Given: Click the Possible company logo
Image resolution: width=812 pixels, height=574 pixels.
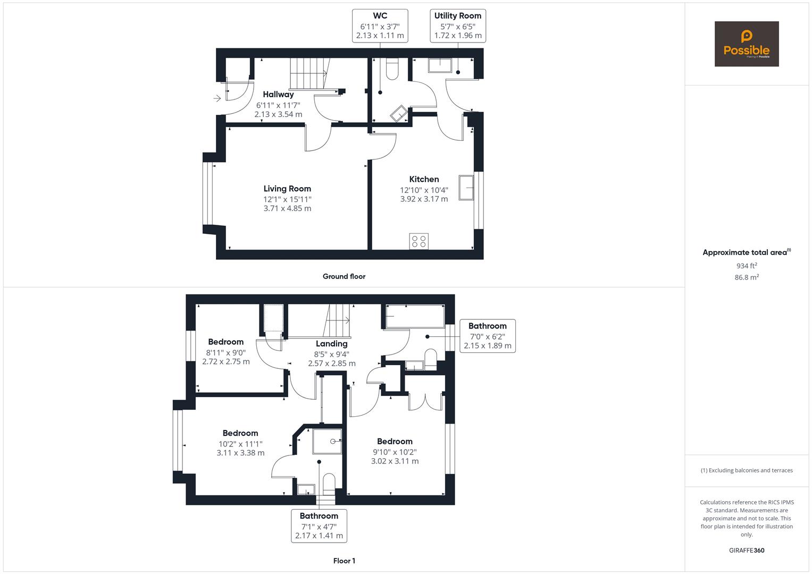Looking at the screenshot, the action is click(x=747, y=44).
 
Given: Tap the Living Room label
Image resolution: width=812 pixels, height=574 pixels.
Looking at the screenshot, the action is click(x=287, y=189).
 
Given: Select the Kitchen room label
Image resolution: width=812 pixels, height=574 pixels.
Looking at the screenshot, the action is click(x=424, y=179).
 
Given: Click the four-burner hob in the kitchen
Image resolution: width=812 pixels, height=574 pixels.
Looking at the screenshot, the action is click(x=418, y=241).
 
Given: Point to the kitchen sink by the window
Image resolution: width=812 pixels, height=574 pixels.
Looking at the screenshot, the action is click(x=466, y=187).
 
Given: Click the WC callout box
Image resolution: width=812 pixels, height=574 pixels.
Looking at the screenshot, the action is click(x=380, y=26).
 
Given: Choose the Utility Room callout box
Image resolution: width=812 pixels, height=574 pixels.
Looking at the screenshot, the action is click(x=458, y=26).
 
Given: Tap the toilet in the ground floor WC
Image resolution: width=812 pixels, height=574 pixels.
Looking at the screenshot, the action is click(x=392, y=69).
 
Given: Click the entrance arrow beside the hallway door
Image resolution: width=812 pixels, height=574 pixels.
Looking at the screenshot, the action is click(x=217, y=98).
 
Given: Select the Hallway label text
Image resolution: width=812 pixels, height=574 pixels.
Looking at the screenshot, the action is click(x=278, y=94).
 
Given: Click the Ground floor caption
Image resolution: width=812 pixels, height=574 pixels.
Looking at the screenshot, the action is click(x=344, y=276).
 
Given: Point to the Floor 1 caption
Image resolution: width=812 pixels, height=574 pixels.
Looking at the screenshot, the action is click(x=344, y=561).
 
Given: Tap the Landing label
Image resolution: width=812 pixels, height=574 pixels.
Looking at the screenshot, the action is click(x=331, y=343).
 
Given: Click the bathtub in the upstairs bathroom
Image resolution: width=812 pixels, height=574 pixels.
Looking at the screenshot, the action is click(x=415, y=316).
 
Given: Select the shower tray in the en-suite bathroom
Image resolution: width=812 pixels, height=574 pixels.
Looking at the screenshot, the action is click(x=327, y=441).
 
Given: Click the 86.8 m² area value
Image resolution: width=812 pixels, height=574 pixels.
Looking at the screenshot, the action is click(x=747, y=277).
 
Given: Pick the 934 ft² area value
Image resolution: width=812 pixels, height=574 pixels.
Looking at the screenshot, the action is click(x=747, y=266).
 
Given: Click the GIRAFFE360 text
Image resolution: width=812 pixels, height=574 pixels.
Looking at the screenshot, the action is click(x=747, y=551).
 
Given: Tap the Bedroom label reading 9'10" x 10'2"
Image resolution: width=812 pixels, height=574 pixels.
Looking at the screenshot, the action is click(x=395, y=441).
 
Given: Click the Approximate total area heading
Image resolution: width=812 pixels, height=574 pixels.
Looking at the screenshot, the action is click(x=747, y=252).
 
